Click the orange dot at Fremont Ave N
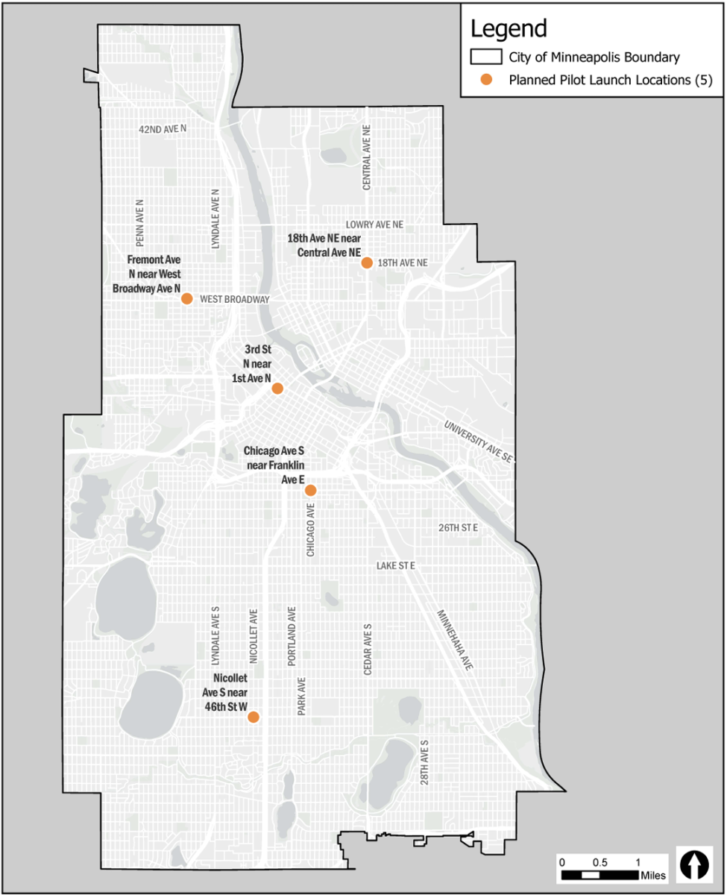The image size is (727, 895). pyautogui.click(x=187, y=298)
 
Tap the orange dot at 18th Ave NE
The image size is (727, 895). pyautogui.click(x=367, y=263)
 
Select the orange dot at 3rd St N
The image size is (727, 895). pyautogui.click(x=277, y=388)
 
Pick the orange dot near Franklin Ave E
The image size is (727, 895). pyautogui.click(x=311, y=490)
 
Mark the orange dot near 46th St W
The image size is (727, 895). pyautogui.click(x=254, y=717)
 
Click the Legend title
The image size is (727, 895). pyautogui.click(x=509, y=28)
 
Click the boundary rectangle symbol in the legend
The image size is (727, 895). pyautogui.click(x=485, y=57)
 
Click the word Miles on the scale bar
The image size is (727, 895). pyautogui.click(x=651, y=874)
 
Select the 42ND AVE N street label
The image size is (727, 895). pyautogui.click(x=163, y=129)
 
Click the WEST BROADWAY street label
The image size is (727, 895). pyautogui.click(x=234, y=299)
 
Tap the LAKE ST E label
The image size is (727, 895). pyautogui.click(x=395, y=566)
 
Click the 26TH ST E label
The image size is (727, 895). pyautogui.click(x=457, y=527)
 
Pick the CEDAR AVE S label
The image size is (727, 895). pyautogui.click(x=367, y=649)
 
